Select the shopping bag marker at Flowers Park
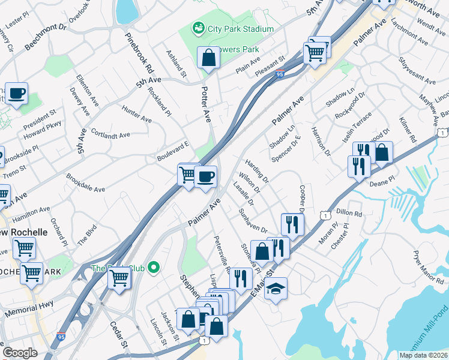(208, 58)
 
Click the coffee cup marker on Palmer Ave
(205, 176)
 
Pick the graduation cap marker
(276, 288)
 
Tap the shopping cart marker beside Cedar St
(120, 278)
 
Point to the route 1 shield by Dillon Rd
(324, 215)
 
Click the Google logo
(20, 353)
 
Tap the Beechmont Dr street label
(46, 37)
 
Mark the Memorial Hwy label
(29, 309)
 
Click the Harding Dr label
(257, 171)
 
